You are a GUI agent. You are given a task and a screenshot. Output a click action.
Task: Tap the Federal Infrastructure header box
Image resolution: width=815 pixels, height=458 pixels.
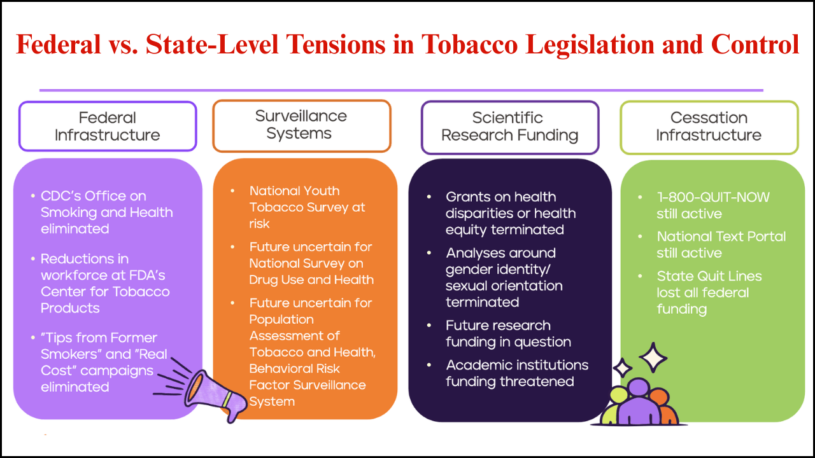pos(108,126)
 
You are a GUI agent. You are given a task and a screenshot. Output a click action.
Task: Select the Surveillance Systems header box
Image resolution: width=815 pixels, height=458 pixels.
pos(302,125)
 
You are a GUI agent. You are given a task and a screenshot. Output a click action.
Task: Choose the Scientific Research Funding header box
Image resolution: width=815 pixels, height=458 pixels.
pos(510,127)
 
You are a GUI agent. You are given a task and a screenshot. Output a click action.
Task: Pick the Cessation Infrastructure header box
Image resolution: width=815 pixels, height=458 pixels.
pos(709,127)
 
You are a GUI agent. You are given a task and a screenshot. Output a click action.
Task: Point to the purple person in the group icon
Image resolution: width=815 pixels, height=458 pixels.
pos(639,401)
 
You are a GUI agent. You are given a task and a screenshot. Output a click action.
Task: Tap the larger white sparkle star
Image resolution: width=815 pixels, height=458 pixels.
pos(653,357)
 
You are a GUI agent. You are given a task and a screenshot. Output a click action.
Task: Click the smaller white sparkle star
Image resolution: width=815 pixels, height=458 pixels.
pos(623,368)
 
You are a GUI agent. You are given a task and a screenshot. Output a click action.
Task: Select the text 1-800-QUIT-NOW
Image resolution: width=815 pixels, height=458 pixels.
pos(713,197)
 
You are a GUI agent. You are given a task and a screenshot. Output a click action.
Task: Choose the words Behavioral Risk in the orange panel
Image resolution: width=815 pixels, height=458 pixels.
pos(294,368)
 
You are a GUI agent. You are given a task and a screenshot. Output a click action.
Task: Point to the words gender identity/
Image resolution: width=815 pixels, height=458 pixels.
pos(498,269)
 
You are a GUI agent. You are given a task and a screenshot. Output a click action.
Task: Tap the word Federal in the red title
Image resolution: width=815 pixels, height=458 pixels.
pos(59,45)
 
